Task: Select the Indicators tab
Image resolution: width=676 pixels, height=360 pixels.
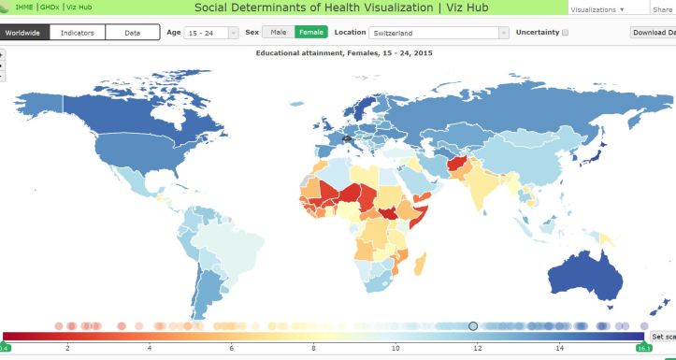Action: (x=77, y=32)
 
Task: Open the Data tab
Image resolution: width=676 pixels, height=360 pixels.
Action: (x=132, y=32)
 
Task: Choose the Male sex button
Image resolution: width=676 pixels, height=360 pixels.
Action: (x=279, y=32)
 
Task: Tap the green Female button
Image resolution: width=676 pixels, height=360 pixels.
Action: (x=310, y=32)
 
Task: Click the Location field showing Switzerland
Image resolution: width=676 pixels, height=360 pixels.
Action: (x=439, y=33)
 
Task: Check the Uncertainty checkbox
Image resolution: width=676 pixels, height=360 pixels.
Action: (x=565, y=33)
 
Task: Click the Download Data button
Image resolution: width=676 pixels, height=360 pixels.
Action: (x=654, y=33)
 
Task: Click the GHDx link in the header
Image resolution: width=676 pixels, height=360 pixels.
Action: (x=50, y=7)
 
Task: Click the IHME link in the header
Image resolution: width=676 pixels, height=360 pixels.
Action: (x=23, y=7)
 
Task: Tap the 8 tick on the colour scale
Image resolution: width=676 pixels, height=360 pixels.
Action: (x=314, y=348)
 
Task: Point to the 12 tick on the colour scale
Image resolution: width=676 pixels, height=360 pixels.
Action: (x=478, y=348)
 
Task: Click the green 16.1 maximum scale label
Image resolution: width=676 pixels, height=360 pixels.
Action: (x=643, y=348)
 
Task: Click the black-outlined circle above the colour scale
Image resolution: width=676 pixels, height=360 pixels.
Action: (x=473, y=325)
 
